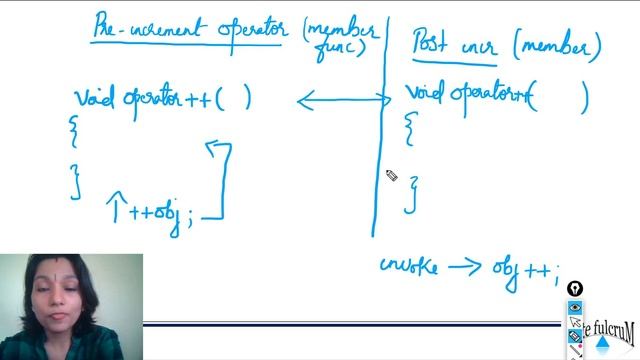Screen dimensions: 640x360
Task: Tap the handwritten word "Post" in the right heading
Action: pyautogui.click(x=433, y=43)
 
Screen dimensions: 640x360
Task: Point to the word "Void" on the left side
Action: pyautogui.click(x=96, y=98)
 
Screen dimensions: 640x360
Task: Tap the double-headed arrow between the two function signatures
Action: pyautogui.click(x=344, y=99)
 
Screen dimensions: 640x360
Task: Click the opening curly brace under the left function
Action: pyautogui.click(x=72, y=128)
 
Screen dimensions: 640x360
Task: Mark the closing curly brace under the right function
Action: pyautogui.click(x=410, y=193)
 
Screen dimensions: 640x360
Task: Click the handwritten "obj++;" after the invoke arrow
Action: pyautogui.click(x=524, y=270)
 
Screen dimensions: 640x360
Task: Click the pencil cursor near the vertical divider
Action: pyautogui.click(x=391, y=176)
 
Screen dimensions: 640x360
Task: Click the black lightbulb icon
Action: pyautogui.click(x=574, y=289)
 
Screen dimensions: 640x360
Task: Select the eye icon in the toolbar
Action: pyautogui.click(x=575, y=307)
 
